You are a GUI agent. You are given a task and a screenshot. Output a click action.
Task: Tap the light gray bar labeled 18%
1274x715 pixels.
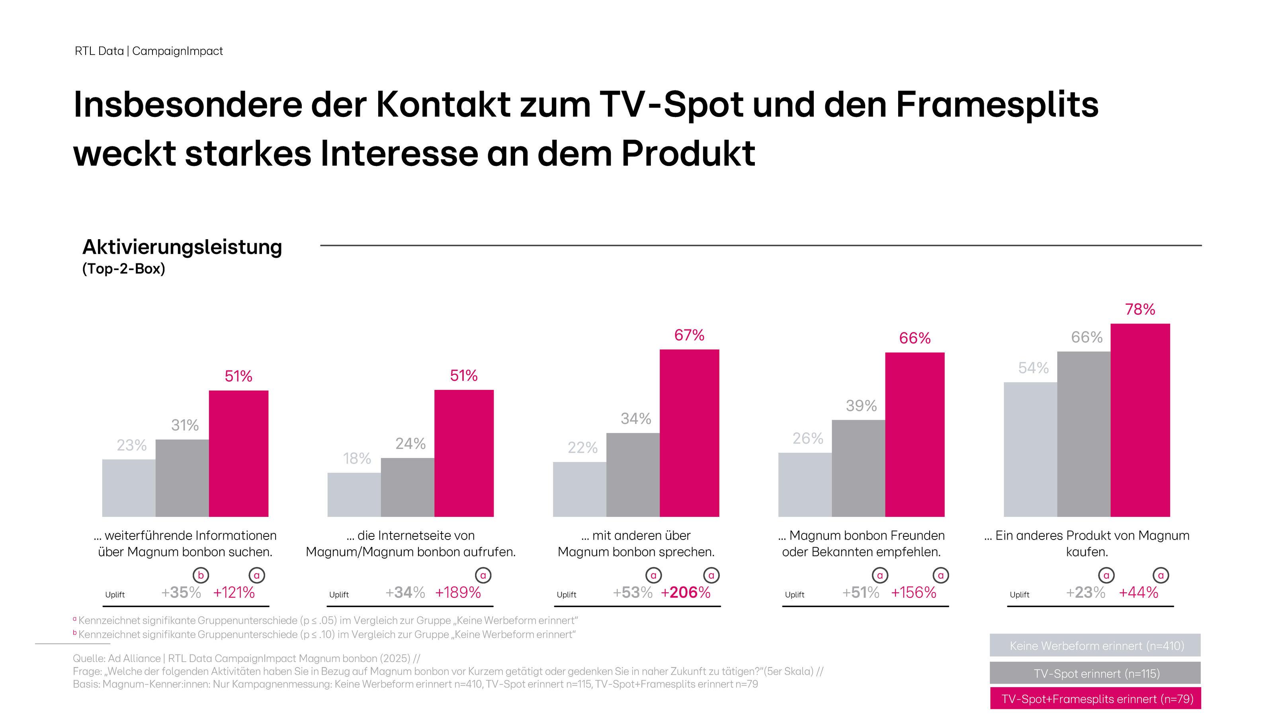(354, 495)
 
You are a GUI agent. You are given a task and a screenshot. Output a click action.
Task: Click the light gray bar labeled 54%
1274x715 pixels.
(1030, 449)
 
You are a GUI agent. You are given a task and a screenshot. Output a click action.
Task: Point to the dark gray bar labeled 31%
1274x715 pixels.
(182, 478)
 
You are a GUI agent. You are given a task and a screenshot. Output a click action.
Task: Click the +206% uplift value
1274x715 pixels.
(686, 592)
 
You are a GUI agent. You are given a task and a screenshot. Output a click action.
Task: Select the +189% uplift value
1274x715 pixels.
(458, 592)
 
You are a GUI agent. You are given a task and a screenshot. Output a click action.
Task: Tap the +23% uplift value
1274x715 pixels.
(1086, 592)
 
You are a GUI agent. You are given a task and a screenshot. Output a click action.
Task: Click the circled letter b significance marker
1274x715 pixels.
(200, 575)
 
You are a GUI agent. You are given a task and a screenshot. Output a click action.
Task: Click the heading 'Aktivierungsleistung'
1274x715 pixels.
(182, 247)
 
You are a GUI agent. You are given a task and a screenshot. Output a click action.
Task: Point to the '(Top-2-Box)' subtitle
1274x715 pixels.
(124, 269)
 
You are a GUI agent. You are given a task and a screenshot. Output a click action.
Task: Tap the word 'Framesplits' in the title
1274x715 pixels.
(997, 104)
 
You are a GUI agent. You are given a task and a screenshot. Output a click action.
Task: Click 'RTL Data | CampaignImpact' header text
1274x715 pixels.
(149, 51)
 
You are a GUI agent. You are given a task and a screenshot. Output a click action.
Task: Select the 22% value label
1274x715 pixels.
(582, 447)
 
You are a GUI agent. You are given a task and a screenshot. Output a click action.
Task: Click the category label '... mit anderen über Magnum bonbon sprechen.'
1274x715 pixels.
(636, 544)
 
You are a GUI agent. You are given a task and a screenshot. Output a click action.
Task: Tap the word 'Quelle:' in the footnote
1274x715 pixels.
(89, 658)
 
